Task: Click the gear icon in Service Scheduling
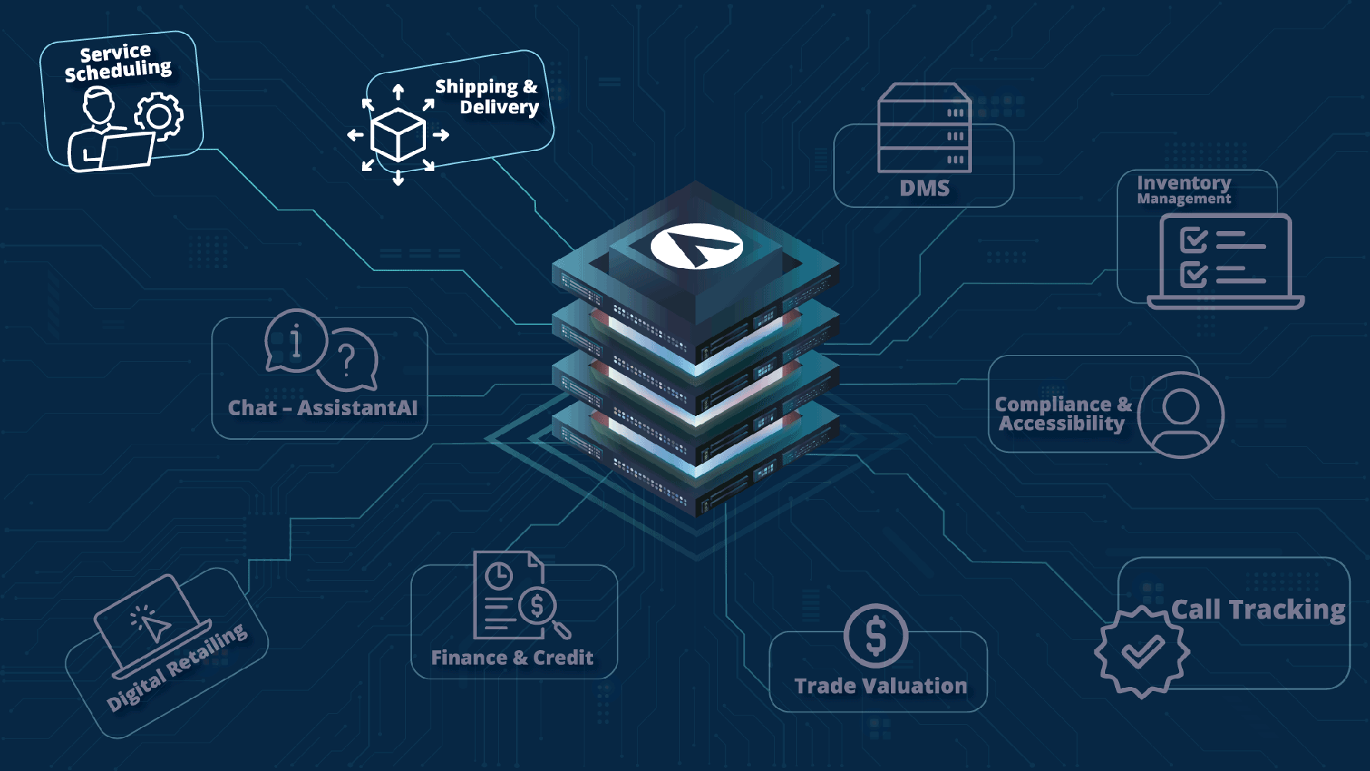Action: click(x=159, y=116)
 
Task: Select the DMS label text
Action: click(x=924, y=189)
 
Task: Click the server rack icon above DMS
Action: click(x=924, y=128)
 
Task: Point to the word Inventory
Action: click(x=1184, y=183)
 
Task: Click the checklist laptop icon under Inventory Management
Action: click(x=1224, y=261)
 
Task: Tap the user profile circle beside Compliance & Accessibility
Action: click(x=1180, y=414)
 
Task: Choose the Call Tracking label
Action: click(x=1258, y=610)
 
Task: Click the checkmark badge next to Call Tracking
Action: click(x=1141, y=652)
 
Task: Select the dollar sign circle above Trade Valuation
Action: click(x=876, y=636)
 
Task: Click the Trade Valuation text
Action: click(x=880, y=686)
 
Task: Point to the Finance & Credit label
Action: click(x=512, y=658)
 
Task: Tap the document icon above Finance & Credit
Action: click(x=512, y=595)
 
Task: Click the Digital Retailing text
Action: click(x=178, y=667)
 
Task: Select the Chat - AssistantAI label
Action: click(x=323, y=408)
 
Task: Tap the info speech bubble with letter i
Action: click(x=295, y=340)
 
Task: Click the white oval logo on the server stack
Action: click(x=696, y=246)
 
